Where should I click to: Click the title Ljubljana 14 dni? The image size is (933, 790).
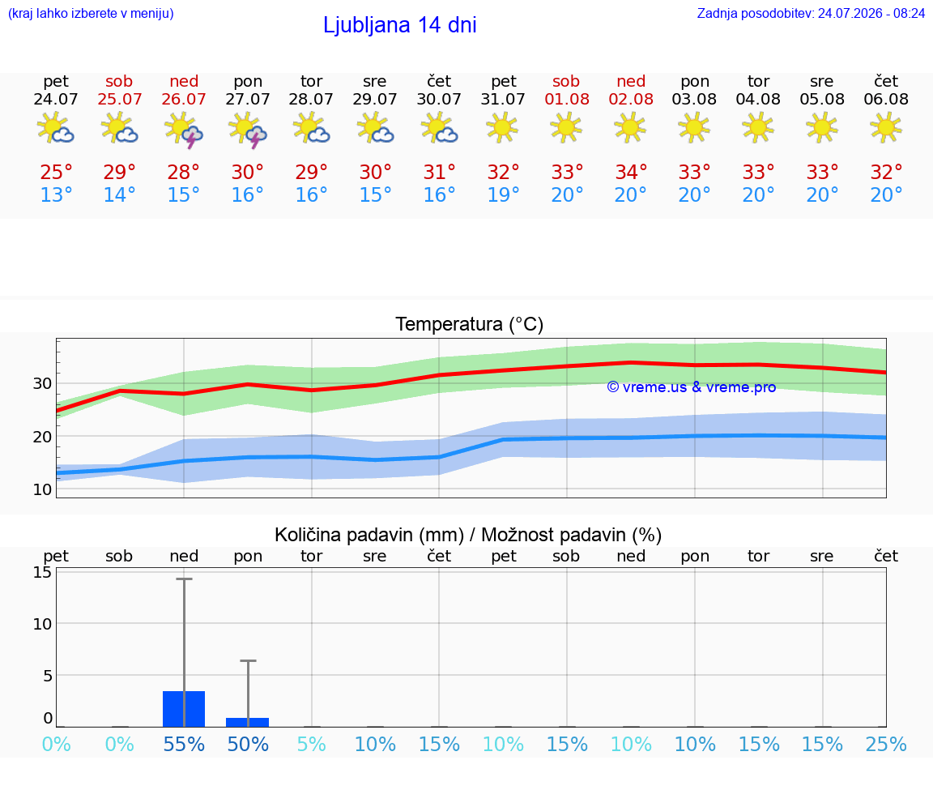pyautogui.click(x=400, y=25)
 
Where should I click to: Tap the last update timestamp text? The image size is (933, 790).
pyautogui.click(x=811, y=13)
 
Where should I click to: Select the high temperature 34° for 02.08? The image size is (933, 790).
pyautogui.click(x=631, y=172)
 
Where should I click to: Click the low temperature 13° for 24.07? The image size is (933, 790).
pyautogui.click(x=56, y=194)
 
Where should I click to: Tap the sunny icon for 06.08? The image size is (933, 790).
pyautogui.click(x=886, y=127)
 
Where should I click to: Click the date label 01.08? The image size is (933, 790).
pyautogui.click(x=567, y=99)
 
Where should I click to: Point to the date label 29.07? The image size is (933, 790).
pyautogui.click(x=375, y=99)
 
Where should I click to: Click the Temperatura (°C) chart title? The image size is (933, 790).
pyautogui.click(x=470, y=324)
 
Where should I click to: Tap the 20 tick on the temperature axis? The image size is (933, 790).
pyautogui.click(x=42, y=437)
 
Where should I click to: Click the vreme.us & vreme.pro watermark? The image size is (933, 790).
pyautogui.click(x=692, y=387)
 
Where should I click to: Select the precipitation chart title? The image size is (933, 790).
pyautogui.click(x=468, y=535)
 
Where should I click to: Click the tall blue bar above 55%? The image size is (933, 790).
pyautogui.click(x=184, y=709)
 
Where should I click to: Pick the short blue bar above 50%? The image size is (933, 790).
pyautogui.click(x=248, y=722)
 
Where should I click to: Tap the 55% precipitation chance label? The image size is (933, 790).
pyautogui.click(x=184, y=744)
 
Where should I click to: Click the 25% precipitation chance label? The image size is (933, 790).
pyautogui.click(x=886, y=744)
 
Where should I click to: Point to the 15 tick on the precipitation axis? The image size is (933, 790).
pyautogui.click(x=42, y=572)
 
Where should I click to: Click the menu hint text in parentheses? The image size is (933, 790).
pyautogui.click(x=91, y=13)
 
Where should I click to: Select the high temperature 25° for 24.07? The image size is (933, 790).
pyautogui.click(x=56, y=172)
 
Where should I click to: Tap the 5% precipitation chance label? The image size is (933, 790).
pyautogui.click(x=311, y=744)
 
